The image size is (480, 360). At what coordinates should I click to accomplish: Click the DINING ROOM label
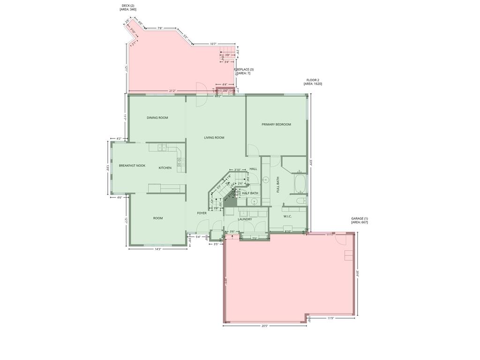(157, 118)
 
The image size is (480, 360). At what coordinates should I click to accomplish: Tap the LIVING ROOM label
(214, 138)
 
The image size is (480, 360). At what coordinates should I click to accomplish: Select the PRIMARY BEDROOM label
(276, 124)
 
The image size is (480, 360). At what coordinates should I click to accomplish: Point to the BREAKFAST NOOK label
(132, 165)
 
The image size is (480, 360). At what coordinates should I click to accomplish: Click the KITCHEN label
(165, 168)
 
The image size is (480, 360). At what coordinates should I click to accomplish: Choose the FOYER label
(202, 213)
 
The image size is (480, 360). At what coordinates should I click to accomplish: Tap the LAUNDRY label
(245, 219)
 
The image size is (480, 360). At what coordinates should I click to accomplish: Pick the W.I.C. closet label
(287, 216)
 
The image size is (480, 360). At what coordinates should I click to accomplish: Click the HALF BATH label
(250, 193)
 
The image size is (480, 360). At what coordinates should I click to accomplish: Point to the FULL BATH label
(278, 185)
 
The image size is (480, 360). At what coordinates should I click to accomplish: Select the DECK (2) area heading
(128, 7)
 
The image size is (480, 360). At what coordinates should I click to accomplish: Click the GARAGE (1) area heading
(360, 220)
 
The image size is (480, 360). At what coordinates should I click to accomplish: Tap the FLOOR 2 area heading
(313, 82)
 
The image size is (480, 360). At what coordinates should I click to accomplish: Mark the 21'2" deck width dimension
(172, 91)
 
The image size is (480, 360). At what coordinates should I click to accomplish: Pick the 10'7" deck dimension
(213, 44)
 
